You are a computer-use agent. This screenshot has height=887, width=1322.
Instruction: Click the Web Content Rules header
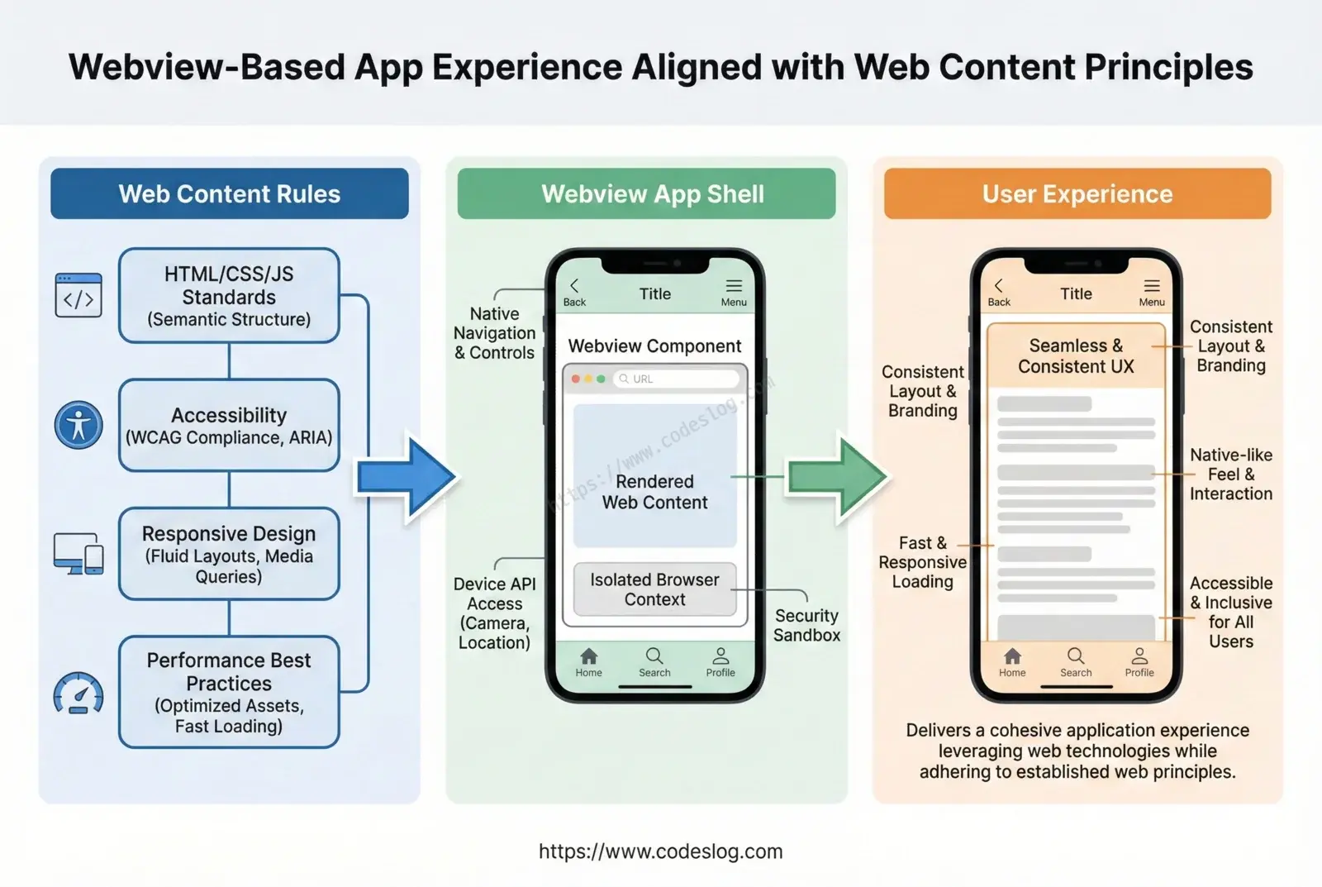(x=230, y=193)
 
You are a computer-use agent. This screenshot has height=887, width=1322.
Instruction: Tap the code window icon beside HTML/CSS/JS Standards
(x=78, y=294)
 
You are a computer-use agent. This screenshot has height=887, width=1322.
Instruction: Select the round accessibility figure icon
(x=78, y=425)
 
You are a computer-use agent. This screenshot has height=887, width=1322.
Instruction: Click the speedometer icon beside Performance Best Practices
(x=78, y=693)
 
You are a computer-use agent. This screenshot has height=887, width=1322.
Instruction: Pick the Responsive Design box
(x=229, y=554)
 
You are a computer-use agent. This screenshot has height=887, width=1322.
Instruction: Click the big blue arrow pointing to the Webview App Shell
(x=407, y=477)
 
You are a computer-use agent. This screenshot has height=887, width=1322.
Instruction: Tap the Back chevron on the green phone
(x=574, y=286)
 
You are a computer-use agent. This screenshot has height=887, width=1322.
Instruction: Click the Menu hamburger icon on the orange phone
(x=1152, y=286)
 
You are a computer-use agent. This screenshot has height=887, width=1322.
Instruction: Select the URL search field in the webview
(x=677, y=379)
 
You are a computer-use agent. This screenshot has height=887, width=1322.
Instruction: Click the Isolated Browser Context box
(x=655, y=589)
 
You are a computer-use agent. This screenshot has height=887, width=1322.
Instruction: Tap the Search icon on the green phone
(x=654, y=656)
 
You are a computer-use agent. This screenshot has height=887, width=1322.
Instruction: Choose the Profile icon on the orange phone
(x=1139, y=656)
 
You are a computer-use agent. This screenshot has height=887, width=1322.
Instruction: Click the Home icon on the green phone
(x=589, y=656)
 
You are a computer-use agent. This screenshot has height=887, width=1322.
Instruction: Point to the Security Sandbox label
(x=806, y=626)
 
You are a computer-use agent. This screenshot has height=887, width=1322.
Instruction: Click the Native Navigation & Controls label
(x=495, y=333)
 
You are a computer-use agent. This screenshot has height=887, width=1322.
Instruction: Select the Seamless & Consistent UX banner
(x=1077, y=355)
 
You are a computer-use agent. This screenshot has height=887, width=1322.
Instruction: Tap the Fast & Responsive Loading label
(x=922, y=562)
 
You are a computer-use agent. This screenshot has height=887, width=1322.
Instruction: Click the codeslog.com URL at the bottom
(x=661, y=851)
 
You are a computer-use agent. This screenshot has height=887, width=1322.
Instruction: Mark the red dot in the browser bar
(x=575, y=379)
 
